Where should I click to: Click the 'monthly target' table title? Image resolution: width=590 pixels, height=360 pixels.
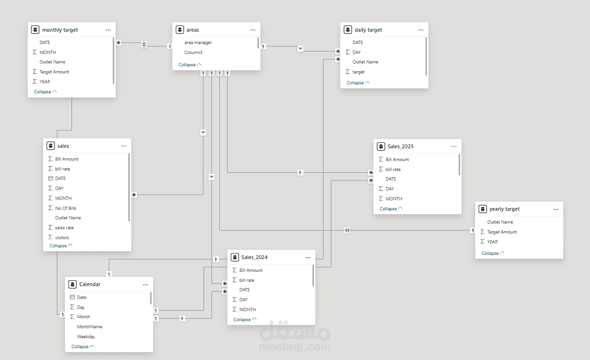tap(60, 30)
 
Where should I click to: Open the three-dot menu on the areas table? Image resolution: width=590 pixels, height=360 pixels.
tap(253, 30)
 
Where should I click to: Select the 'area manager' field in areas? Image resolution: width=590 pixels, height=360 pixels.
tap(198, 43)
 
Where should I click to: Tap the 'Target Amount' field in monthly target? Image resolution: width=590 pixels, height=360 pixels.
tap(54, 72)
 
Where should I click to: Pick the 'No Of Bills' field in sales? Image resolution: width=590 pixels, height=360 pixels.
tap(66, 208)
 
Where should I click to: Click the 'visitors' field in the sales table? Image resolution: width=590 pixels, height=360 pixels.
tap(62, 238)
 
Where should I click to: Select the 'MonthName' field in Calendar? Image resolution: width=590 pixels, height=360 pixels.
tap(89, 326)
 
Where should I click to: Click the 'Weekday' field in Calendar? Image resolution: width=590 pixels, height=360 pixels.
tap(86, 336)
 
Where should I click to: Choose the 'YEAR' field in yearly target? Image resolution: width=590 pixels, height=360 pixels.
tap(492, 242)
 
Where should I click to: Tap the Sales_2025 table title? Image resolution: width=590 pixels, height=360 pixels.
tap(401, 146)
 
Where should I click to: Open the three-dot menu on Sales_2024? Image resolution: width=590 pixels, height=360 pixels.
tap(308, 258)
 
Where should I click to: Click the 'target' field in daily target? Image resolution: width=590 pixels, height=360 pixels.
tap(358, 72)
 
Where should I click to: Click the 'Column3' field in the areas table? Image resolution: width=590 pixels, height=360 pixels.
tap(193, 53)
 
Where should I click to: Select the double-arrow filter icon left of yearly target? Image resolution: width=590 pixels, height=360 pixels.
tap(348, 230)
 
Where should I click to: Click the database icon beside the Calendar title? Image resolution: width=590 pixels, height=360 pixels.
tap(72, 284)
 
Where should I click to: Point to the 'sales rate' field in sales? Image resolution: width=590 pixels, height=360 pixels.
tap(64, 228)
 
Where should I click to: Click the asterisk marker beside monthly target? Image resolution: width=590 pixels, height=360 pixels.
tap(118, 43)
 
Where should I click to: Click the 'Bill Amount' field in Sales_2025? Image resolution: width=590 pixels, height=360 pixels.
tap(397, 160)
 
